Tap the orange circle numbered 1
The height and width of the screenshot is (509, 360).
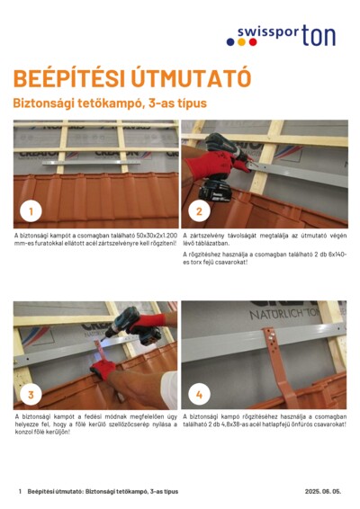[31, 211]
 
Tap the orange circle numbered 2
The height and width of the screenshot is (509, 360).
[198, 211]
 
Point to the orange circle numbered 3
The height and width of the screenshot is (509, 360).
[31, 394]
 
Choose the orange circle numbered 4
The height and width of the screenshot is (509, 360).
[199, 394]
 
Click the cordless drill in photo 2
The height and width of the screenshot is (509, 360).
[220, 175]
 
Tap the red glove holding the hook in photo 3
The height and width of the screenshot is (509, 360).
[103, 369]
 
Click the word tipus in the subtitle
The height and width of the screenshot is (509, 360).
[192, 103]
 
